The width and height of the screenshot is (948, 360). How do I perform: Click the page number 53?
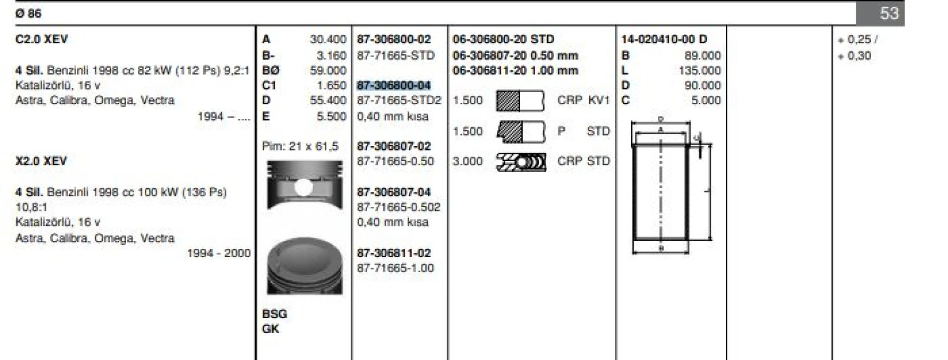click(889, 13)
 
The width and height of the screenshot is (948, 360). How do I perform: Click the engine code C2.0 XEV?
click(41, 40)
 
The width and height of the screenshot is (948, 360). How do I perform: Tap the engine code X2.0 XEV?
click(41, 161)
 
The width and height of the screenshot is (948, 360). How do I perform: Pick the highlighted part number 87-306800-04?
click(394, 85)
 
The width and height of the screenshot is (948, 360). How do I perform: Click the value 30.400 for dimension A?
click(328, 40)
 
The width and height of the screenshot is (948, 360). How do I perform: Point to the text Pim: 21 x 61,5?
click(300, 146)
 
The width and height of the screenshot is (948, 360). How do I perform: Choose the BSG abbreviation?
click(274, 314)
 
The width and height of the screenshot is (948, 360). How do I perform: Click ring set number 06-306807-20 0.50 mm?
click(515, 55)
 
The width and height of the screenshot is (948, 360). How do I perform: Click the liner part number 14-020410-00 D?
click(663, 40)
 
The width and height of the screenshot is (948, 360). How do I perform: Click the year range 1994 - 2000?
click(219, 253)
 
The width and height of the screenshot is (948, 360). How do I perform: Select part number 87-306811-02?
click(394, 253)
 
